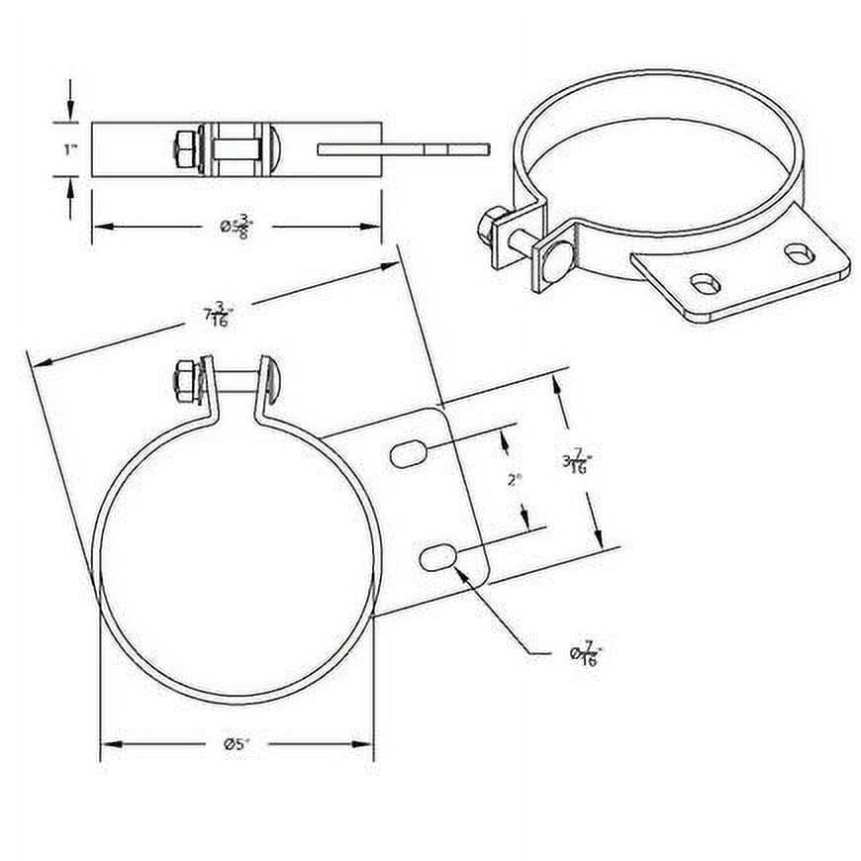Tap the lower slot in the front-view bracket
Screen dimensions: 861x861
tap(436, 559)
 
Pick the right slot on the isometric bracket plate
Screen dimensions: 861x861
tap(799, 253)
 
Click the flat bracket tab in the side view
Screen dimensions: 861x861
tap(404, 149)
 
